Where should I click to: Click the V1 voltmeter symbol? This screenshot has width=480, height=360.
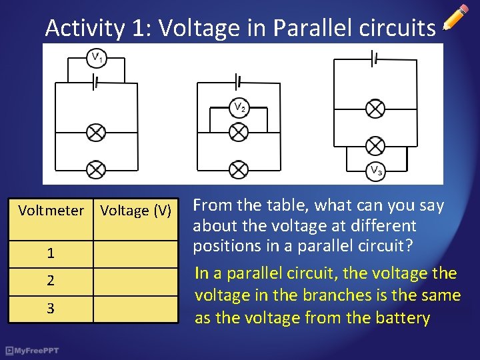coord(96,57)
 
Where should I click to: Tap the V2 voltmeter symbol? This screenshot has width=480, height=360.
coord(239,107)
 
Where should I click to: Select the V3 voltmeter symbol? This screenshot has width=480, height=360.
coord(376,170)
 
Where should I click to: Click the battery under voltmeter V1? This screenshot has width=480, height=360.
coord(96,83)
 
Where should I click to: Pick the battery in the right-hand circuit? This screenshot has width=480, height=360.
coord(376,59)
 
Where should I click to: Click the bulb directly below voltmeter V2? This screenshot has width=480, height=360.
coord(239,132)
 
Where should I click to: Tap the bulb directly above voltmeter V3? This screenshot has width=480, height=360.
coord(376,146)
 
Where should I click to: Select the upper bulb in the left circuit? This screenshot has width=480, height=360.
coord(96,132)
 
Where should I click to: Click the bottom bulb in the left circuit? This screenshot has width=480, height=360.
coord(96,169)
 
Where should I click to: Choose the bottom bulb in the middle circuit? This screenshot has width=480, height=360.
coord(239,169)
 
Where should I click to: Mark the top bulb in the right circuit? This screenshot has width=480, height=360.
coord(376,108)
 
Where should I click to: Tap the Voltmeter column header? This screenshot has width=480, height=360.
coord(51,211)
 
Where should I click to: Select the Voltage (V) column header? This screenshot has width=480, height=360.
coord(136,211)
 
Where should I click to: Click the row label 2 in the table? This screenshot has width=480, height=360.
coord(51,281)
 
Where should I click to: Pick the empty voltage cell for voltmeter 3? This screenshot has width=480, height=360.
coord(136,309)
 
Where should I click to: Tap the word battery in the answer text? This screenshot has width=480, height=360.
coord(401,319)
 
